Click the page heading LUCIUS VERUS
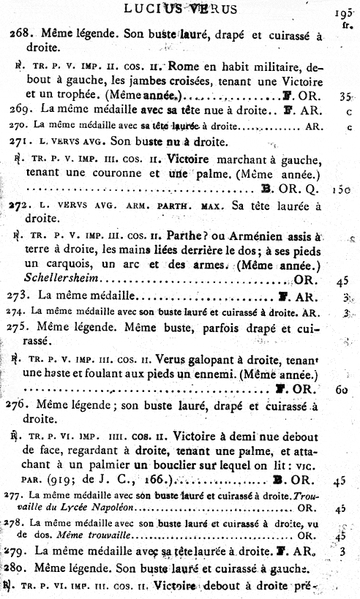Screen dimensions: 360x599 coord(180,9)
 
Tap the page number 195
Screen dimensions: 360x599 coord(341,13)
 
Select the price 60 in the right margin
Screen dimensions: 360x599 coord(341,389)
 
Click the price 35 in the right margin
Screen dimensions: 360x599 coord(345,96)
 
